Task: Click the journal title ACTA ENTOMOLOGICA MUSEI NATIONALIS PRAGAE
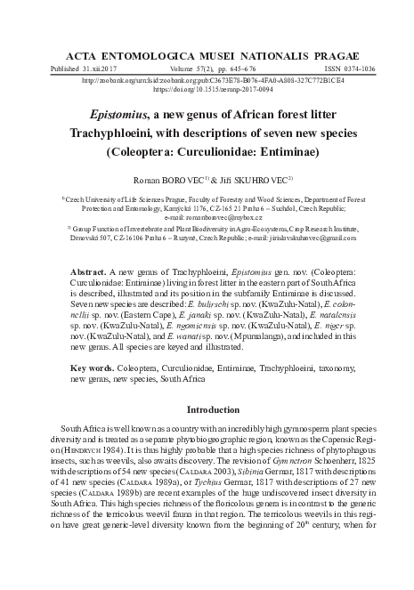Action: coord(207,53)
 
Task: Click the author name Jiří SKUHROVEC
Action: coord(261,178)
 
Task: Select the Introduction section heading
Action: coord(207,410)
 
